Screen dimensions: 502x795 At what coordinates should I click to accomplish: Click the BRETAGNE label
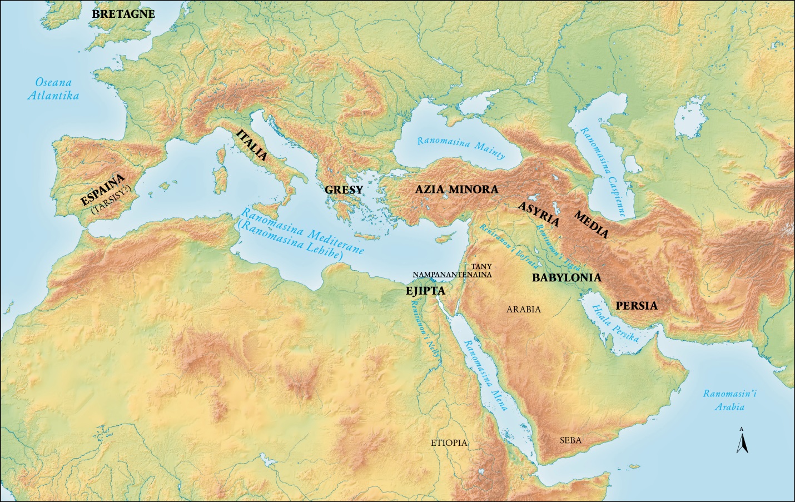(123, 14)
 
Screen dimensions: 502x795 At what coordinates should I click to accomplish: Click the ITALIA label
(251, 145)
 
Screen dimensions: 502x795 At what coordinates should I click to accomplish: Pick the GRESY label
(344, 190)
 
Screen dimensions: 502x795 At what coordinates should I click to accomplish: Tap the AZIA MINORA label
(456, 189)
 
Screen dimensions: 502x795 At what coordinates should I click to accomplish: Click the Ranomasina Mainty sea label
(461, 147)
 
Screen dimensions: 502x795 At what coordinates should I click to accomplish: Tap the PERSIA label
(636, 305)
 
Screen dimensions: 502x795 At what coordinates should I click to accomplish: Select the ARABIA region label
(523, 310)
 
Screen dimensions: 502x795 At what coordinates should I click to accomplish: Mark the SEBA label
(570, 440)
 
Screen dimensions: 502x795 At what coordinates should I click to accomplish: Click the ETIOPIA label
(449, 443)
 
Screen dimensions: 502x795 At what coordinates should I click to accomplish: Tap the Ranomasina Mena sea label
(486, 375)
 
